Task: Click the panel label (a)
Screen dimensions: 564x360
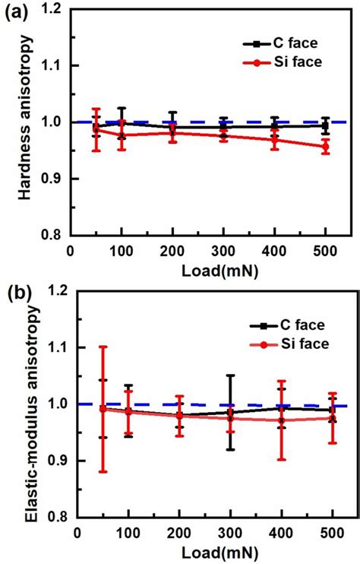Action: [x=16, y=12]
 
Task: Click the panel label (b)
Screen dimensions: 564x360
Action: [x=16, y=293]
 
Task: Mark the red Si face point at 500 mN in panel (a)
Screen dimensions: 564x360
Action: [x=326, y=147]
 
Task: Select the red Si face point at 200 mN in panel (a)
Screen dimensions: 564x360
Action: [x=172, y=132]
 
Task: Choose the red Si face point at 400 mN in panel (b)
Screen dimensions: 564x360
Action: [x=282, y=420]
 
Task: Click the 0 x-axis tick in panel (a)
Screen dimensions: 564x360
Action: [x=69, y=251]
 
